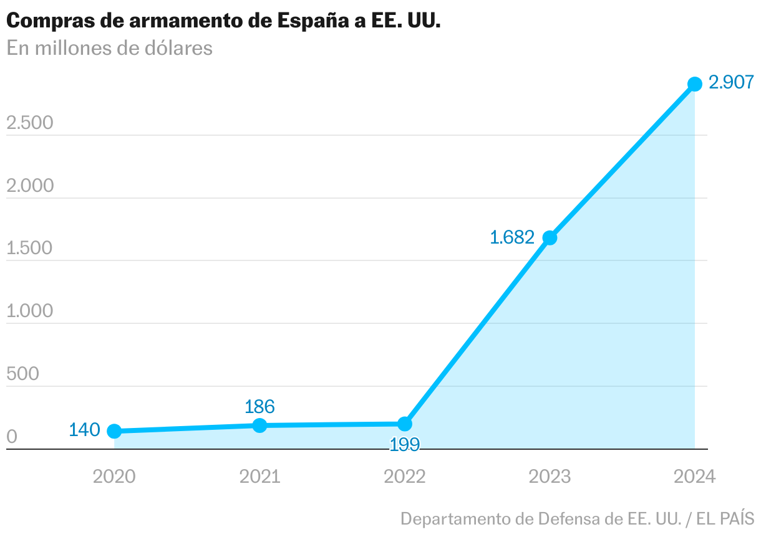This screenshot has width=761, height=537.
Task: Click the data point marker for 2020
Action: click(x=114, y=431)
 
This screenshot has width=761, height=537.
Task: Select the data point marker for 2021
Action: click(x=259, y=425)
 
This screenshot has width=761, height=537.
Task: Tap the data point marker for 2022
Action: click(x=405, y=424)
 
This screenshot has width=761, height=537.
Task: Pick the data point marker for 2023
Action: click(x=550, y=237)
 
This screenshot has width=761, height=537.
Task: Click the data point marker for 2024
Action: click(x=695, y=84)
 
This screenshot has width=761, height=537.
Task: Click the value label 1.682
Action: click(x=512, y=237)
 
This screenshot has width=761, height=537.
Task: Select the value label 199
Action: click(x=405, y=445)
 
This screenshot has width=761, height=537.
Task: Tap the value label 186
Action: click(x=259, y=407)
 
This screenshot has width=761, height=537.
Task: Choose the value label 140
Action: click(x=84, y=430)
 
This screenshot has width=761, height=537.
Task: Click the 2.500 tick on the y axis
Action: click(x=30, y=123)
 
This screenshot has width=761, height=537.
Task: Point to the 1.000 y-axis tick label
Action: click(x=30, y=311)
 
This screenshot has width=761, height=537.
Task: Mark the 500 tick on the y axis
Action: click(x=22, y=374)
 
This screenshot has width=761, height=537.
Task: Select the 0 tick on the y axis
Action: click(x=12, y=437)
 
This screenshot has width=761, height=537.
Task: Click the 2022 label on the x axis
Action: click(x=405, y=477)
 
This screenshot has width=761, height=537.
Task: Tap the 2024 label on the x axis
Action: click(x=695, y=477)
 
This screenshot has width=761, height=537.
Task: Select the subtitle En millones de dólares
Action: click(x=110, y=48)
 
